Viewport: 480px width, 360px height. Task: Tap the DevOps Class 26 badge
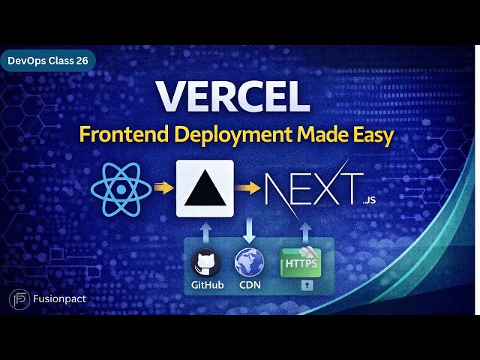[47, 60]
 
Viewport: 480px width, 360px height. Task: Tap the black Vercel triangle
[205, 188]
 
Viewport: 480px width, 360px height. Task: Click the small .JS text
[367, 201]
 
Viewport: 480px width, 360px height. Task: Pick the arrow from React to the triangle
[162, 187]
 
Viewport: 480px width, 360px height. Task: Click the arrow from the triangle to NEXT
[246, 187]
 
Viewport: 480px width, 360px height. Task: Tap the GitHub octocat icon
[206, 263]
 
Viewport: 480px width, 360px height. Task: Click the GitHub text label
[207, 286]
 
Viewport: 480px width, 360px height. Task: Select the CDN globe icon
[249, 263]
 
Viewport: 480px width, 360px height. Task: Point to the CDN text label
[249, 286]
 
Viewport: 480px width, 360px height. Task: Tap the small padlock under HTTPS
[306, 286]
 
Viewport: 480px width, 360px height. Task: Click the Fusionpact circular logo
[19, 299]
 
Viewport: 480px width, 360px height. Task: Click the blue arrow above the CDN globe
[249, 230]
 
